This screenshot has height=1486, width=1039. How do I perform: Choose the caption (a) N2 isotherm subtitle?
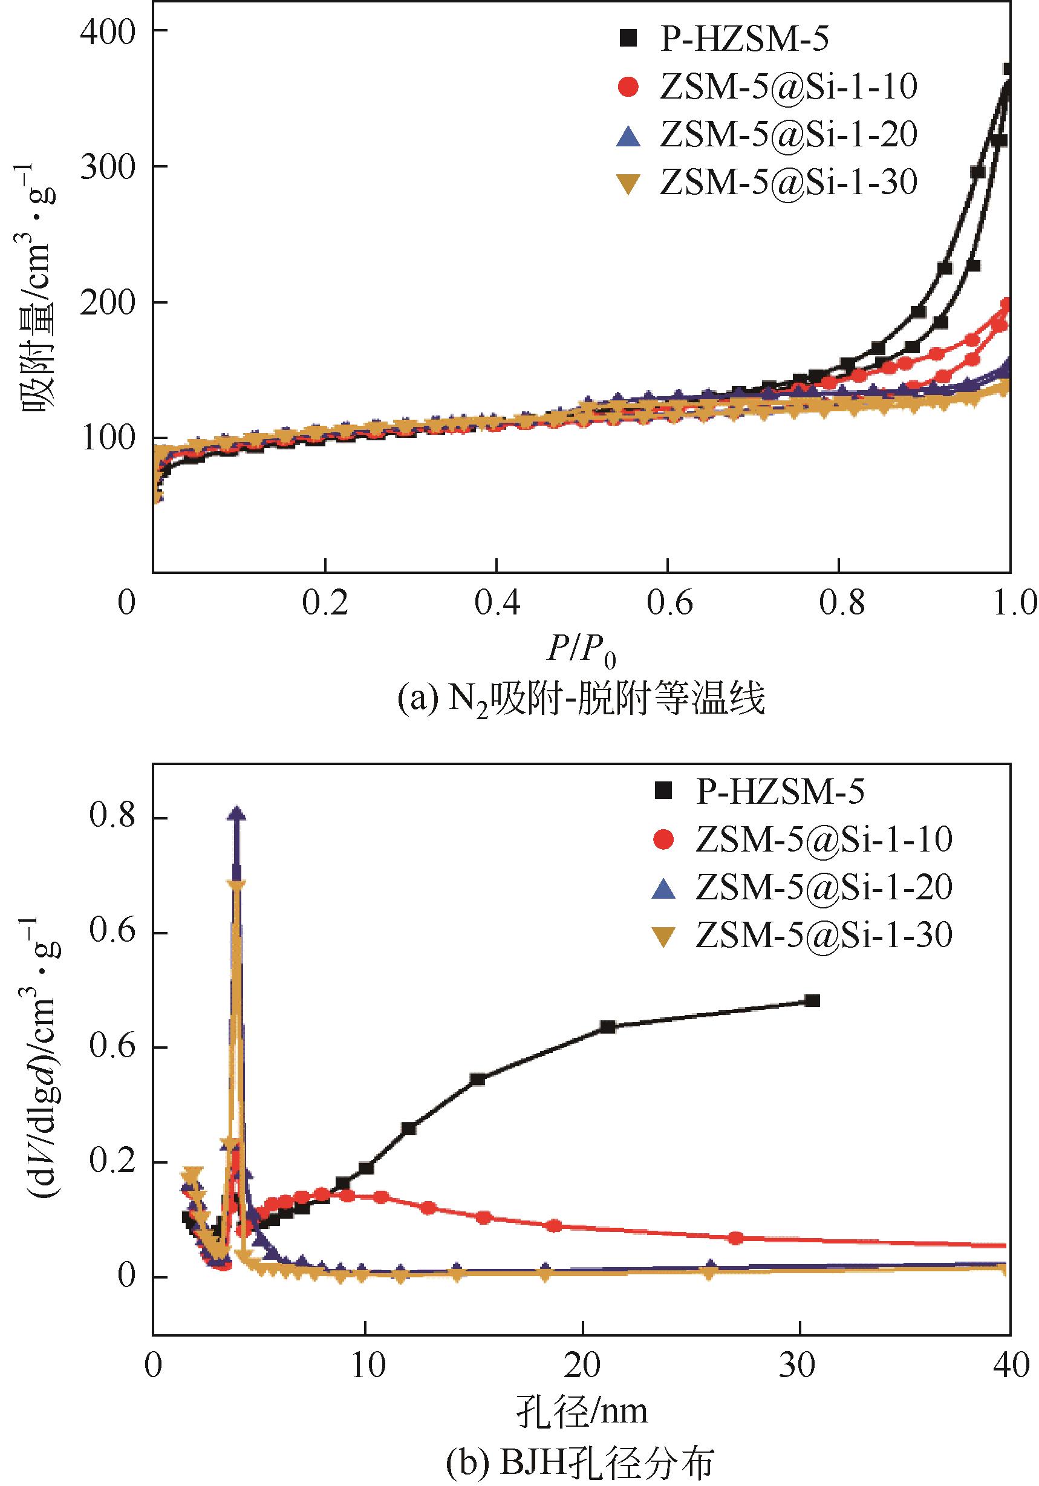pyautogui.click(x=581, y=700)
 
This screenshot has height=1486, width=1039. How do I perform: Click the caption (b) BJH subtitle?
pyautogui.click(x=581, y=1461)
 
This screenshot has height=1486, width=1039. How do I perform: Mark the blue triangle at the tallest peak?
pyautogui.click(x=238, y=814)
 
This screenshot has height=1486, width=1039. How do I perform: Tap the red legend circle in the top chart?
pyautogui.click(x=628, y=87)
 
